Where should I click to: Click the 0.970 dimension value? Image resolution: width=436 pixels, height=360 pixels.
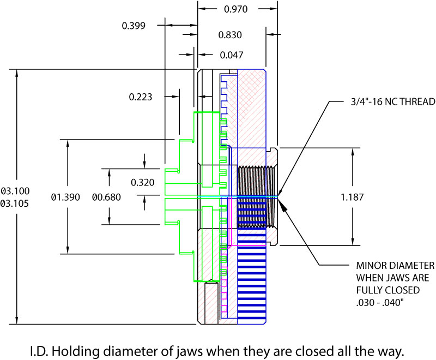tap(238, 9)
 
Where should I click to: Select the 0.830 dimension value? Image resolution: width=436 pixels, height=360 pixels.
tap(230, 35)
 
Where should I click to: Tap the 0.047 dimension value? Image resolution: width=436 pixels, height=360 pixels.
tap(232, 55)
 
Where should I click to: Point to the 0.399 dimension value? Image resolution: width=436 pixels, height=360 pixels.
tap(134, 26)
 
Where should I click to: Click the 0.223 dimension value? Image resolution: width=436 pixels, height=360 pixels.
tap(141, 97)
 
